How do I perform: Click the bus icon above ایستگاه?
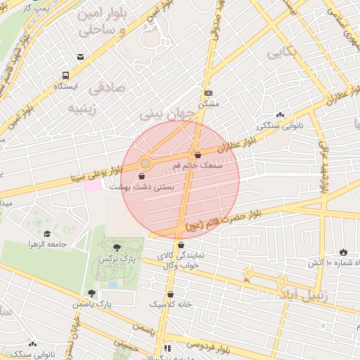pyautogui.click(x=65, y=75)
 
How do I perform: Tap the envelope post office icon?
pyautogui.click(x=81, y=57)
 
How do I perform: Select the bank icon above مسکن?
pyautogui.click(x=208, y=93)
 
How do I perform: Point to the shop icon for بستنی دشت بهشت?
pyautogui.click(x=143, y=176)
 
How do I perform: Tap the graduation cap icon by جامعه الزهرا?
pyautogui.click(x=47, y=234)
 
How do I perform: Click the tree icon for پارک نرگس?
pyautogui.click(x=116, y=247)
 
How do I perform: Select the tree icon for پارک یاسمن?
pyautogui.click(x=92, y=293)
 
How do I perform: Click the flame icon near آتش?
pyautogui.click(x=343, y=252)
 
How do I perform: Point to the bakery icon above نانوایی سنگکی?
pyautogui.click(x=281, y=115)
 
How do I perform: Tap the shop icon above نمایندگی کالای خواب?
pyautogui.click(x=182, y=245)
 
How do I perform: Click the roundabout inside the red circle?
pyautogui.click(x=146, y=163)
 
